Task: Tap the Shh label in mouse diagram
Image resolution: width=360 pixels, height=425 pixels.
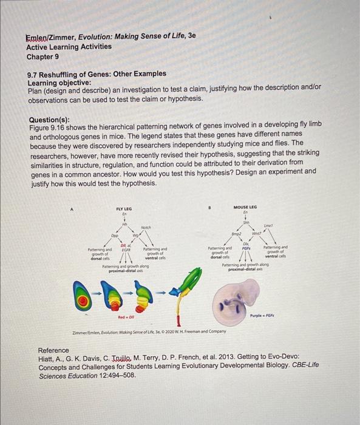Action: (245, 223)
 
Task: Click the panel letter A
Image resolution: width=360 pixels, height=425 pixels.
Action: (73, 207)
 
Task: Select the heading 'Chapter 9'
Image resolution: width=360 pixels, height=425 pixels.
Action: (43, 56)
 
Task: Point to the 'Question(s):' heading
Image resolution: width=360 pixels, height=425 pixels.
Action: (52, 120)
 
